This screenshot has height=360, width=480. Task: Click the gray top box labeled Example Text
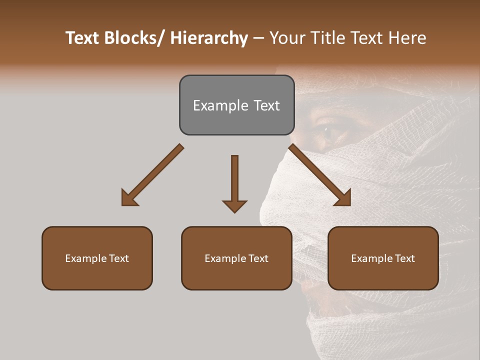pyautogui.click(x=236, y=105)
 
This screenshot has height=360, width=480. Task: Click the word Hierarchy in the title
pyautogui.click(x=209, y=38)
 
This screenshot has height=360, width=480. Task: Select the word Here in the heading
pyautogui.click(x=409, y=38)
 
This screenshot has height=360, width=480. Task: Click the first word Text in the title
pyautogui.click(x=83, y=38)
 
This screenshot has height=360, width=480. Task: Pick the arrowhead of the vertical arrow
pyautogui.click(x=234, y=205)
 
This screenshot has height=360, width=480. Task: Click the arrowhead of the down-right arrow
pyautogui.click(x=343, y=198)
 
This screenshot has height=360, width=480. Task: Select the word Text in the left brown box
pyautogui.click(x=119, y=258)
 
